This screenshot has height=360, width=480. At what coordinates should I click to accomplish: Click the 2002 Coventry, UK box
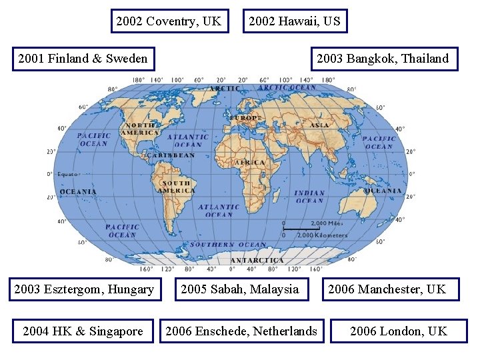click(x=168, y=21)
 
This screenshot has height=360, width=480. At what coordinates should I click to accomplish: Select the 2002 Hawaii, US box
click(x=294, y=21)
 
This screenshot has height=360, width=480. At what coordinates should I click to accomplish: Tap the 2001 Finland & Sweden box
click(x=83, y=59)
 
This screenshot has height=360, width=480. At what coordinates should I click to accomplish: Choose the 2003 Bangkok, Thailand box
click(x=383, y=59)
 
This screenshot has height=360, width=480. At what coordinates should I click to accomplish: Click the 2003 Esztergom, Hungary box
click(x=84, y=289)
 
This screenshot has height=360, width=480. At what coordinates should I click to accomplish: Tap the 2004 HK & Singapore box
click(x=83, y=331)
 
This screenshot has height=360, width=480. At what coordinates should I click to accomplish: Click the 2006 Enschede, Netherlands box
click(x=241, y=331)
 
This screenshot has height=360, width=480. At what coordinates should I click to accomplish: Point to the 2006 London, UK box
click(x=399, y=331)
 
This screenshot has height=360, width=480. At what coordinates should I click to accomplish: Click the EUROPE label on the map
click(x=246, y=118)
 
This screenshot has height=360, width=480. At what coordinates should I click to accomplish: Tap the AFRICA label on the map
click(x=250, y=162)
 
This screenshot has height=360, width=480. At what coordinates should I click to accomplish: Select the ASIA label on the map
click(x=319, y=125)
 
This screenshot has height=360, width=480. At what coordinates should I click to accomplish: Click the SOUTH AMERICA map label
click(x=176, y=187)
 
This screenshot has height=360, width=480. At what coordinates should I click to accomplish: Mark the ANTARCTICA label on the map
click(x=257, y=260)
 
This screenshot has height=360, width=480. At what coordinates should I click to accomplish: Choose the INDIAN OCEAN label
click(x=310, y=197)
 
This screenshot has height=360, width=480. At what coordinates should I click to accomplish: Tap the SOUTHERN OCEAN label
click(x=228, y=245)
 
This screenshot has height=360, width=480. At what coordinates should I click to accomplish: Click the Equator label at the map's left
click(x=68, y=174)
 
